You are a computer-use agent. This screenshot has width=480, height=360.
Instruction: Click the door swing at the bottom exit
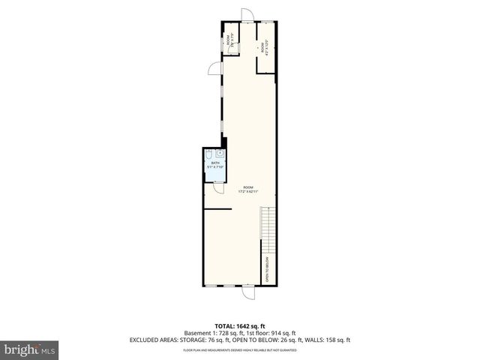pos(248,294)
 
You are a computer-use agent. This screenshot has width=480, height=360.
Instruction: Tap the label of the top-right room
pos(263,46)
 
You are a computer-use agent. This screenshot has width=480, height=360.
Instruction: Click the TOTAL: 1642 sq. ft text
pos(240,325)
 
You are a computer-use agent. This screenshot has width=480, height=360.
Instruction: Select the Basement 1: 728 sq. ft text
pos(211,332)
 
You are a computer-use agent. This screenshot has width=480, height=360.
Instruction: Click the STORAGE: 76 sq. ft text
pos(218,340)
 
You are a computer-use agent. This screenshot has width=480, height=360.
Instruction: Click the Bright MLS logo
pos(31,349)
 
